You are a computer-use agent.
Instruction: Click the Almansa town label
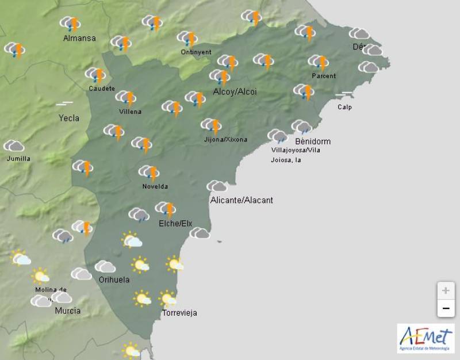(x=79, y=39)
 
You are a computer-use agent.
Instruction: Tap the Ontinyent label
(x=197, y=52)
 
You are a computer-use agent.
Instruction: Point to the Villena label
(x=129, y=112)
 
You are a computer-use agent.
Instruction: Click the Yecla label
(x=69, y=118)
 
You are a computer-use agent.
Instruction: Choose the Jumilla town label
(x=18, y=159)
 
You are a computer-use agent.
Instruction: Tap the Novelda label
(x=155, y=186)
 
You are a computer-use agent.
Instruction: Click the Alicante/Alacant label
(x=241, y=200)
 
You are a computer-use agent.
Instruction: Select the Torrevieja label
(x=179, y=313)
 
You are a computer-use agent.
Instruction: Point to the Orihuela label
(x=114, y=280)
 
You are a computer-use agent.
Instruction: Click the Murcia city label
(x=67, y=311)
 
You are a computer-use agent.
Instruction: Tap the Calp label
(x=344, y=107)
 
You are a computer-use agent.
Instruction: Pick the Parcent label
(x=324, y=76)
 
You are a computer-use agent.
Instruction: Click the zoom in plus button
(x=446, y=290)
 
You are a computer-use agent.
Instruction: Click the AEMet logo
(x=425, y=338)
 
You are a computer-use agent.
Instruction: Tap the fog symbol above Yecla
(x=64, y=104)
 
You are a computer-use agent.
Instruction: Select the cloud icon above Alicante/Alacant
(x=217, y=186)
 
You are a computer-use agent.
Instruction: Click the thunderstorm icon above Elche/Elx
(x=166, y=209)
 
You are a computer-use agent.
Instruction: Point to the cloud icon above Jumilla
(x=13, y=146)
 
